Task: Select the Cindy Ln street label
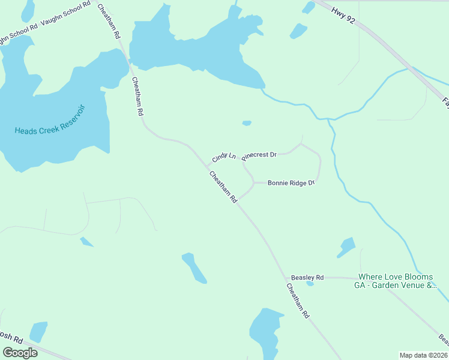pyautogui.click(x=223, y=158)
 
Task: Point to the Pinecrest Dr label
pyautogui.click(x=259, y=155)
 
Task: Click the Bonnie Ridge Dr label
pyautogui.click(x=291, y=182)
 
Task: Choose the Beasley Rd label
pyautogui.click(x=307, y=277)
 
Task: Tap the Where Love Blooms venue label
pyautogui.click(x=396, y=281)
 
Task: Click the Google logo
pyautogui.click(x=20, y=353)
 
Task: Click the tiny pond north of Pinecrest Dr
pyautogui.click(x=246, y=124)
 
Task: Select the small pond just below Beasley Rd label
pyautogui.click(x=310, y=284)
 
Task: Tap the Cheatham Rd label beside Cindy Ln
pyautogui.click(x=223, y=187)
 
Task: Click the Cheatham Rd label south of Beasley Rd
pyautogui.click(x=298, y=301)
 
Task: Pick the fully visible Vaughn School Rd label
pyautogui.click(x=65, y=27)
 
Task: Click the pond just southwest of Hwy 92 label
pyautogui.click(x=298, y=31)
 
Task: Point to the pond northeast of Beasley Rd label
pyautogui.click(x=346, y=247)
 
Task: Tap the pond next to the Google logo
pyautogui.click(x=38, y=331)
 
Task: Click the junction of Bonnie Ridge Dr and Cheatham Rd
pyautogui.click(x=238, y=200)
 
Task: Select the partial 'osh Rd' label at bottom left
pyautogui.click(x=11, y=338)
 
